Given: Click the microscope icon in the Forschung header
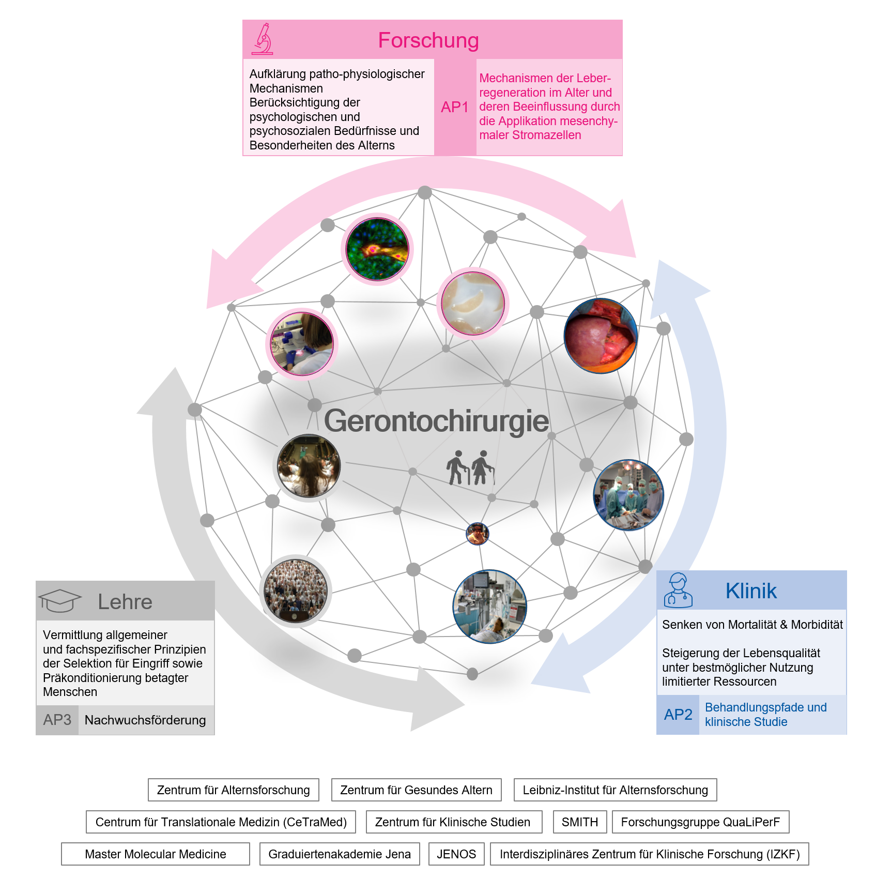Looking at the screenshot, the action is (x=262, y=39).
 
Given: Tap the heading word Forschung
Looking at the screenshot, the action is (x=428, y=40).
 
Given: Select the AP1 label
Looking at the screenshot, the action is (x=455, y=107).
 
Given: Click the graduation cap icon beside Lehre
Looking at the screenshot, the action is (x=60, y=601).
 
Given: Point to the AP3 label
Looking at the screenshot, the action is (x=57, y=720).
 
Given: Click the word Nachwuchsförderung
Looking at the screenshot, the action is (x=145, y=720).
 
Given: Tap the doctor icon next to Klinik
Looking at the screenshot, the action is (x=678, y=590).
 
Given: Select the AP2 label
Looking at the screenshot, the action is (x=678, y=715).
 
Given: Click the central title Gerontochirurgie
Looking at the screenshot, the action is (x=436, y=421).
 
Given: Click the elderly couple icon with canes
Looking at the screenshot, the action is (x=470, y=468).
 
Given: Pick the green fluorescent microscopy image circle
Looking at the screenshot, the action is (x=377, y=249).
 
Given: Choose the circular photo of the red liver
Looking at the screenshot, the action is (x=601, y=336).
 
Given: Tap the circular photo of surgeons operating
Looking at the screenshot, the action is (x=628, y=495).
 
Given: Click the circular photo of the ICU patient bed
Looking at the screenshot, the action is (x=490, y=607).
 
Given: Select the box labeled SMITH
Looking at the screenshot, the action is (x=580, y=822).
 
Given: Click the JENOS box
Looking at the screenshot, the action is (x=456, y=854).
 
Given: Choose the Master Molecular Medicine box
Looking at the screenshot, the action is (x=156, y=854).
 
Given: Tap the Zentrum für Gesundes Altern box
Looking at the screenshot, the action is (x=417, y=790).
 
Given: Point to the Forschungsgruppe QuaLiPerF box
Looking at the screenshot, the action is (x=701, y=822).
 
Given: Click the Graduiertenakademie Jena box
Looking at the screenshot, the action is (x=340, y=854).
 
